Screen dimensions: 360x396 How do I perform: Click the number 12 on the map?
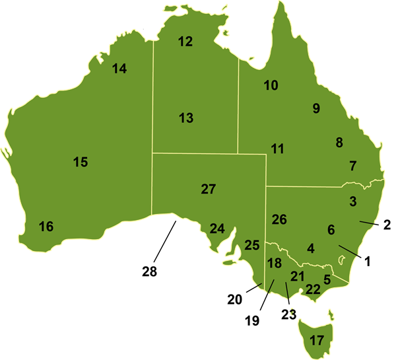185,42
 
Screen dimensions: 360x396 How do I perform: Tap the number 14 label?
119,68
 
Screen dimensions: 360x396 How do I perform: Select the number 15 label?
80,162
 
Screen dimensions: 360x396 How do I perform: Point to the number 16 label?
46,227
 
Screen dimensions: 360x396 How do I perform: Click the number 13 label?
186,118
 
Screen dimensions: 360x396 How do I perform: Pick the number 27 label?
208,190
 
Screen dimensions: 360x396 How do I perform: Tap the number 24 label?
217,229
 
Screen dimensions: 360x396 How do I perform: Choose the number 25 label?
251,245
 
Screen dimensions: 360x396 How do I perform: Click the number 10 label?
271,85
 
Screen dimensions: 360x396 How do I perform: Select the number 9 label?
316,108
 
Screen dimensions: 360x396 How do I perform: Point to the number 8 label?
339,143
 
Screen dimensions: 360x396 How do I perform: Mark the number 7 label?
353,166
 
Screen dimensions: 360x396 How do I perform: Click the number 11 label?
277,149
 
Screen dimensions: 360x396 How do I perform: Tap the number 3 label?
353,201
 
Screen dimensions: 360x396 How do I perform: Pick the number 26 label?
279,219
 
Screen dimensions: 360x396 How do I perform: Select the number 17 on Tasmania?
317,341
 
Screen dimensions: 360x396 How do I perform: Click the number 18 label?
274,263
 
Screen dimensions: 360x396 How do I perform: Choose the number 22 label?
312,289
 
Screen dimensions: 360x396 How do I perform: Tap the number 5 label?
327,279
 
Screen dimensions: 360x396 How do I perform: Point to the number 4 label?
311,249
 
